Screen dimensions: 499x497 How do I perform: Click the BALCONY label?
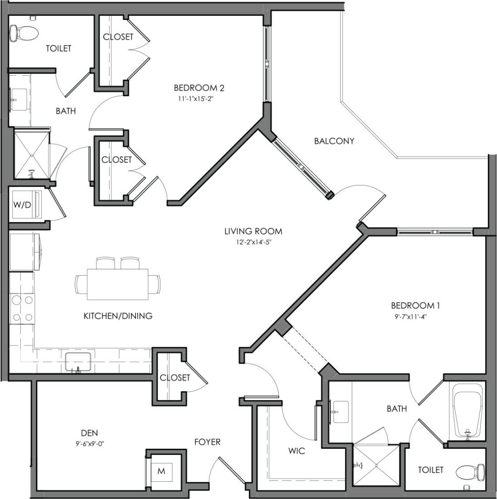pos(334,141)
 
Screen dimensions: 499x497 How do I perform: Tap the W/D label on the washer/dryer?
pos(22,204)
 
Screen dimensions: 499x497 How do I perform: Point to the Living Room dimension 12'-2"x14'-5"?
pos(253,242)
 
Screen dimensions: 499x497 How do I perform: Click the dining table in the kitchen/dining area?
pos(118,284)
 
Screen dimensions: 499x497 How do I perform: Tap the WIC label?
pos(296,451)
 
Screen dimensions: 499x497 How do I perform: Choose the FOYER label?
pos(207,442)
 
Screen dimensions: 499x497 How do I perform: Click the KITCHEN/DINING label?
pos(118,316)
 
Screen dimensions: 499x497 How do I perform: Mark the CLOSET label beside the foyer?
pos(175,378)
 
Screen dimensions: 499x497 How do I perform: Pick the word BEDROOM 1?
pos(415,306)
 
